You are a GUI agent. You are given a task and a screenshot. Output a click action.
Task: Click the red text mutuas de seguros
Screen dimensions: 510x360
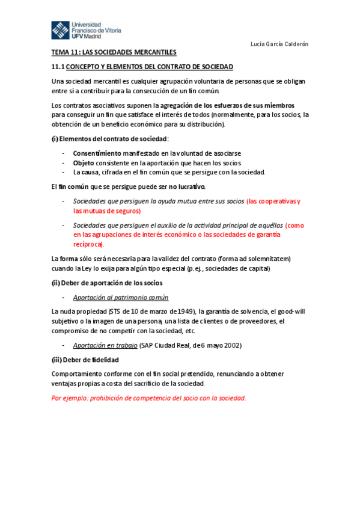[x=107, y=211]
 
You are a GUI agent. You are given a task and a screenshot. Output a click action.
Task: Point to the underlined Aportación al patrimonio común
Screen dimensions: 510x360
[x=120, y=297]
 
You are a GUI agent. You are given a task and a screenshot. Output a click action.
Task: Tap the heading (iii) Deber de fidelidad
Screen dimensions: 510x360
[x=85, y=360]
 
